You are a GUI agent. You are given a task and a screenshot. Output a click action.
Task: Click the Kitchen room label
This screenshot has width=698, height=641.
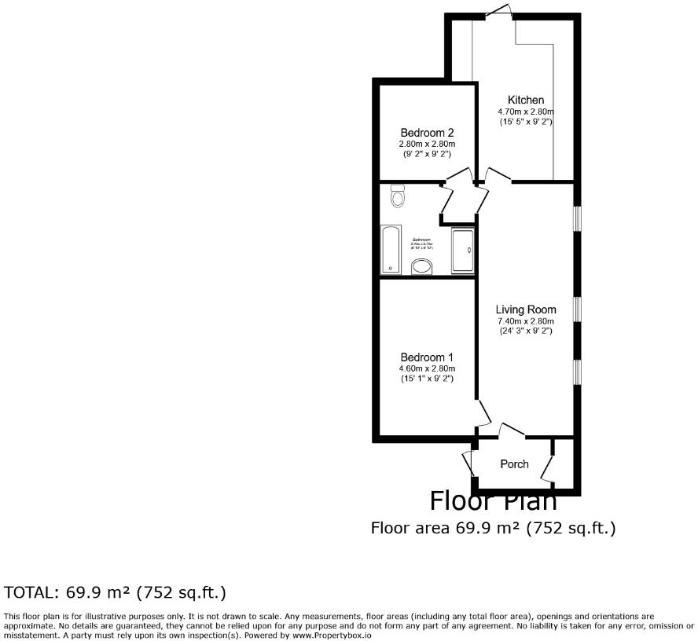526,101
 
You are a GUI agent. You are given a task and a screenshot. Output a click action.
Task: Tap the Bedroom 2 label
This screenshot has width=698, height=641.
427,133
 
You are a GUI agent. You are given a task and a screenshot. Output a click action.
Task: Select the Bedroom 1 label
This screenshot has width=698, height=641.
427,357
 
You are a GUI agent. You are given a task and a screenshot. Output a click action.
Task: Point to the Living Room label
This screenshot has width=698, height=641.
526,310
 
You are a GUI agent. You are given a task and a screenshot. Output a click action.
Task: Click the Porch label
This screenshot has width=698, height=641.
515,464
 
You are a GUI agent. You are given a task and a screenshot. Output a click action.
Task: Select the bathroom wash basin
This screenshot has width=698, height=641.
422,267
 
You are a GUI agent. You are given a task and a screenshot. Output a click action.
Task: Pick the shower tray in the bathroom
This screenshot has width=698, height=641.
463,251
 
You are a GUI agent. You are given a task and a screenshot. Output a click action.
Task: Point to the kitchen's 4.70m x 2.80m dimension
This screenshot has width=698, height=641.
526,112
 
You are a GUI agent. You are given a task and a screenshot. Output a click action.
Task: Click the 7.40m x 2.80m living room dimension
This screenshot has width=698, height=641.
526,320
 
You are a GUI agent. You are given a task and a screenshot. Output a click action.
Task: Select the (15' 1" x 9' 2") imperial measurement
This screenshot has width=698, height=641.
427,379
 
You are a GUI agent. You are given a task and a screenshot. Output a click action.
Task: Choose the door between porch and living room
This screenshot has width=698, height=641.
512,430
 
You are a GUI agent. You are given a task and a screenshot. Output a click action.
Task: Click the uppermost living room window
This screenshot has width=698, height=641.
577,218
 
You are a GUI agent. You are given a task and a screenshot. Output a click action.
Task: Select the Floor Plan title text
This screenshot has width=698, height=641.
494,500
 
